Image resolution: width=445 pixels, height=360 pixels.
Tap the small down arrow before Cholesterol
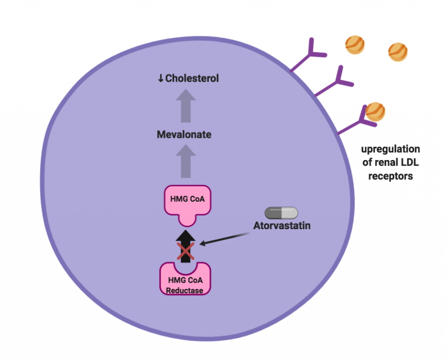(x=160, y=78)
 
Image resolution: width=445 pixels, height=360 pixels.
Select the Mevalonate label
(x=184, y=135)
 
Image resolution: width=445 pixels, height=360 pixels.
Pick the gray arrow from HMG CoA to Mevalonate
(x=186, y=161)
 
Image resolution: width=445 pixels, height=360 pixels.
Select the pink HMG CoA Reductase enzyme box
(x=186, y=282)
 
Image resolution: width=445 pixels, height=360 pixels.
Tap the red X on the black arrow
(x=186, y=252)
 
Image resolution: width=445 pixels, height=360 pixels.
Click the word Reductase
(x=186, y=290)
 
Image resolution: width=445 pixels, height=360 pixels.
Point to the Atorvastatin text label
(x=282, y=226)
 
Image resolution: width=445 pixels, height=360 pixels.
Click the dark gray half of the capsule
(x=273, y=213)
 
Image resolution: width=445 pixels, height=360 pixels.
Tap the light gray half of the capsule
(x=289, y=213)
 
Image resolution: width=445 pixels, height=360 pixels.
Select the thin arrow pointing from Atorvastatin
(x=224, y=239)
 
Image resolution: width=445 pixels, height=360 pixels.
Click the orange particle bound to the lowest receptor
(x=375, y=111)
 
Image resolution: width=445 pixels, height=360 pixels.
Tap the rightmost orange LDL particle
(x=398, y=52)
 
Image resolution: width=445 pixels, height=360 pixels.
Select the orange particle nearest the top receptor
(x=355, y=45)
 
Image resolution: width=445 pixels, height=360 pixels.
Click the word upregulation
(x=391, y=150)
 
